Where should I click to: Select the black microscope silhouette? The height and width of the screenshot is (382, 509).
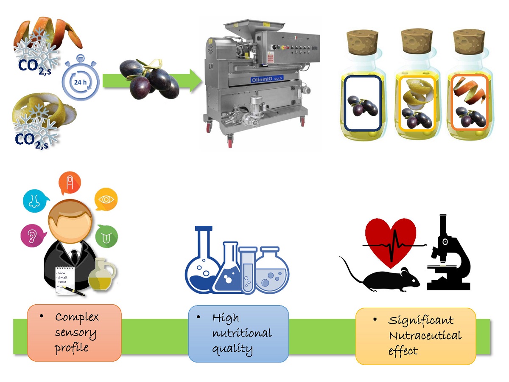(x=447, y=255)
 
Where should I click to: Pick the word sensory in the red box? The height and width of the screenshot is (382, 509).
(x=75, y=333)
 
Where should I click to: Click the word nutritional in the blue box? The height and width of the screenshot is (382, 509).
(x=242, y=334)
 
